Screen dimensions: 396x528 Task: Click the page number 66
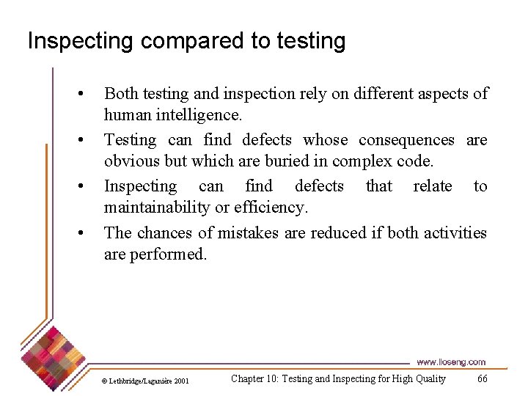pos(482,378)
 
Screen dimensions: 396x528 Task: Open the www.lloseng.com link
pos(450,362)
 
